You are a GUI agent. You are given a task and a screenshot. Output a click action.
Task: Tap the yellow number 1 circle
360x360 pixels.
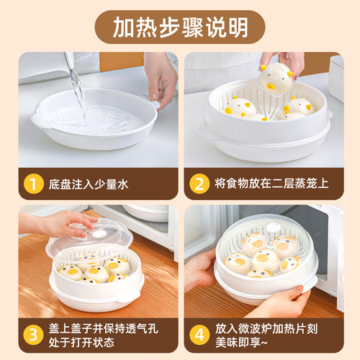(x=31, y=184)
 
